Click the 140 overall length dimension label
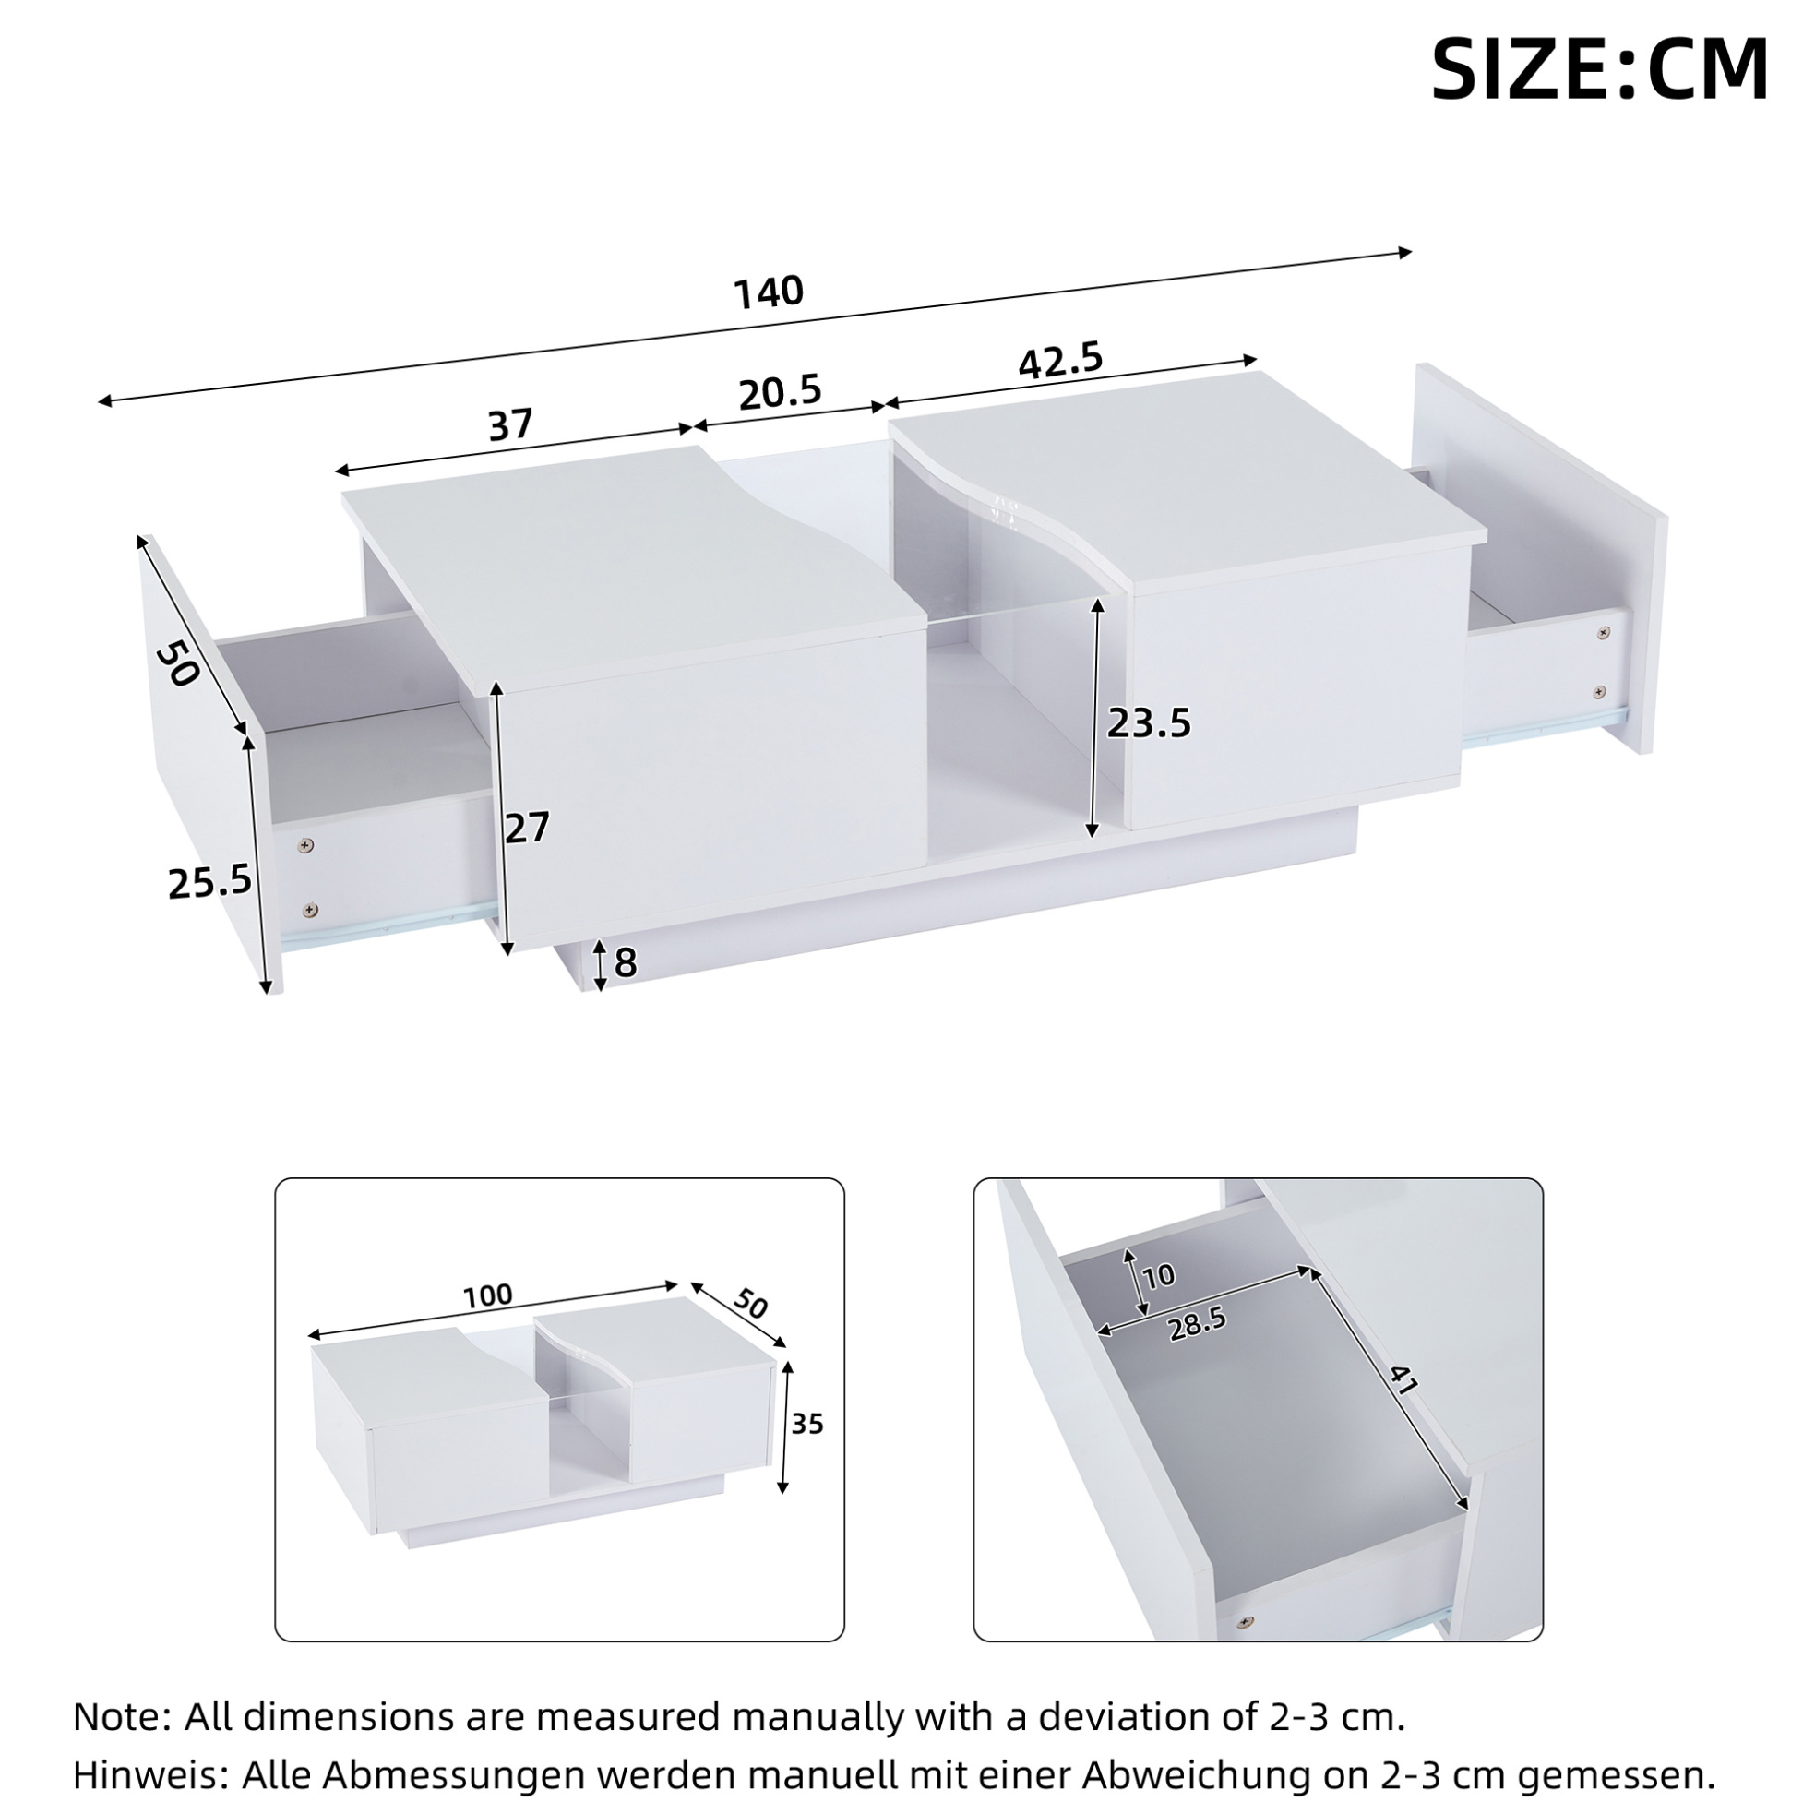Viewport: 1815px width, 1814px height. (x=769, y=292)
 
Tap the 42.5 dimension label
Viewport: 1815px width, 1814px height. (x=1060, y=360)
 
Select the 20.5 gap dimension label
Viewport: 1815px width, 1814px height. (x=780, y=393)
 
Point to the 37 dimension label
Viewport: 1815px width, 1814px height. (x=510, y=424)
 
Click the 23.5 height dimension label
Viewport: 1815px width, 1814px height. (x=1149, y=723)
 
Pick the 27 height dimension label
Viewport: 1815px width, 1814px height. (x=526, y=828)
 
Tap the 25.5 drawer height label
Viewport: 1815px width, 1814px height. (x=209, y=882)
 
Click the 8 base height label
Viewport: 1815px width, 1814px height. (x=625, y=962)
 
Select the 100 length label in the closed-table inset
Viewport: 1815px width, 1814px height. (x=488, y=1295)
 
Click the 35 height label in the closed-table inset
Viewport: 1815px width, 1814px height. (x=807, y=1424)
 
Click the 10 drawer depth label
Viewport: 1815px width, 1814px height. (x=1159, y=1276)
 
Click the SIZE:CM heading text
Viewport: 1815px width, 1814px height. (x=1599, y=69)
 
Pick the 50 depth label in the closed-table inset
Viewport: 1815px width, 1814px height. (x=749, y=1306)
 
